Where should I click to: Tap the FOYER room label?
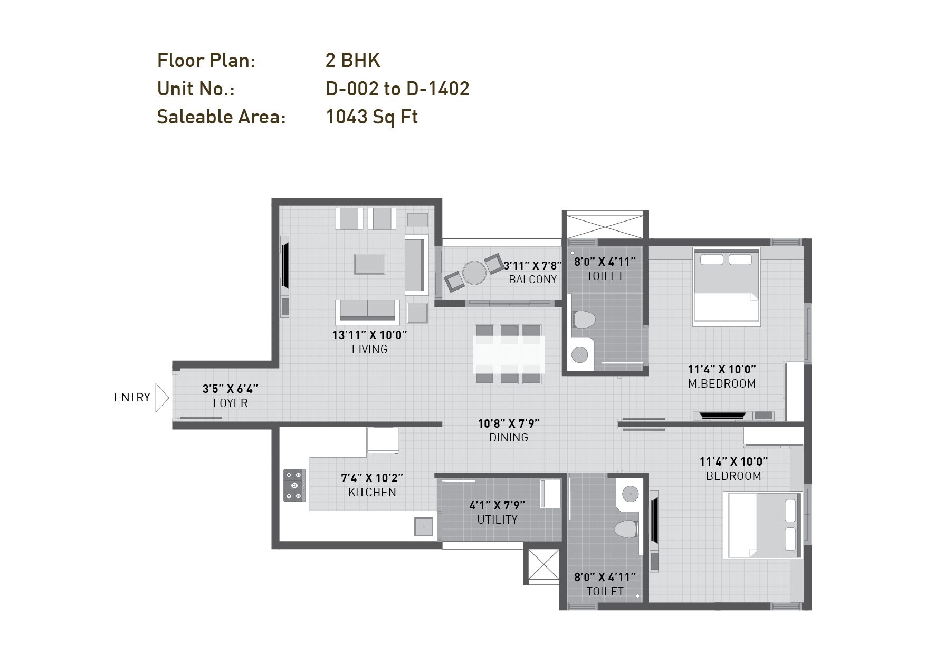pyautogui.click(x=231, y=403)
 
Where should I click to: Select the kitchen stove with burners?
pyautogui.click(x=294, y=485)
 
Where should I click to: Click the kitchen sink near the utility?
pyautogui.click(x=423, y=526)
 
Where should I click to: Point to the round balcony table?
pyautogui.click(x=474, y=273)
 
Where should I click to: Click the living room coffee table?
pyautogui.click(x=369, y=264)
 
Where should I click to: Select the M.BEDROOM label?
pyautogui.click(x=721, y=384)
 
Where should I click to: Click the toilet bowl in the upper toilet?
pyautogui.click(x=583, y=320)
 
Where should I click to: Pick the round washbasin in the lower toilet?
pyautogui.click(x=630, y=494)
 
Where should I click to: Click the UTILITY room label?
pyautogui.click(x=497, y=520)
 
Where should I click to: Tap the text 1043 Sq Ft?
pyautogui.click(x=371, y=117)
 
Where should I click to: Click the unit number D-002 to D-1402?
pyautogui.click(x=397, y=89)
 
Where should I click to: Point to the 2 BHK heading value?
pyautogui.click(x=352, y=60)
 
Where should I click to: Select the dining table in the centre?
pyautogui.click(x=509, y=354)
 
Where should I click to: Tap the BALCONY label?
pyautogui.click(x=532, y=280)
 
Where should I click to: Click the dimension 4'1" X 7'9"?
pyautogui.click(x=497, y=506)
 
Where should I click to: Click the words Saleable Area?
pyautogui.click(x=221, y=117)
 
